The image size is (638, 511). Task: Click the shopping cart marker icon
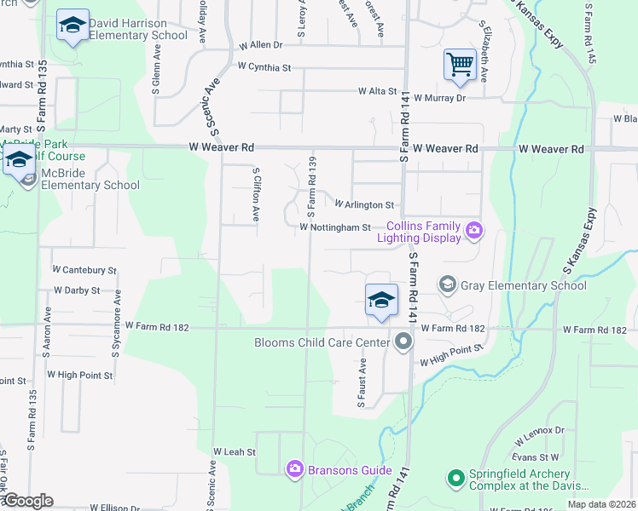[x=460, y=65]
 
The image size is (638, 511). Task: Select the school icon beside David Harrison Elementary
[x=73, y=26]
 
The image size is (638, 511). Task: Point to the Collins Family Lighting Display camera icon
[x=474, y=229]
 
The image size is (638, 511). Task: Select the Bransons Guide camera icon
[x=295, y=468]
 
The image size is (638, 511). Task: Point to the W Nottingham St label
[x=335, y=227]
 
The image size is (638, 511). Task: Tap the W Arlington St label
[x=364, y=205]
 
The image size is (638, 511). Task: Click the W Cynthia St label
[x=264, y=66]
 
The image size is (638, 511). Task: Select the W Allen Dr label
[x=260, y=44]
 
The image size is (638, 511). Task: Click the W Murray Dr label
[x=439, y=98]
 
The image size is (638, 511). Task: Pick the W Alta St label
[x=377, y=90]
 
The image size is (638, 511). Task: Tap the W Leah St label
[x=234, y=451]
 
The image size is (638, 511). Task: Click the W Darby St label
[x=77, y=290]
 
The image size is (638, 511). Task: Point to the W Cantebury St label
[x=84, y=269]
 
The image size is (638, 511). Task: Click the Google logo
[x=27, y=501]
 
